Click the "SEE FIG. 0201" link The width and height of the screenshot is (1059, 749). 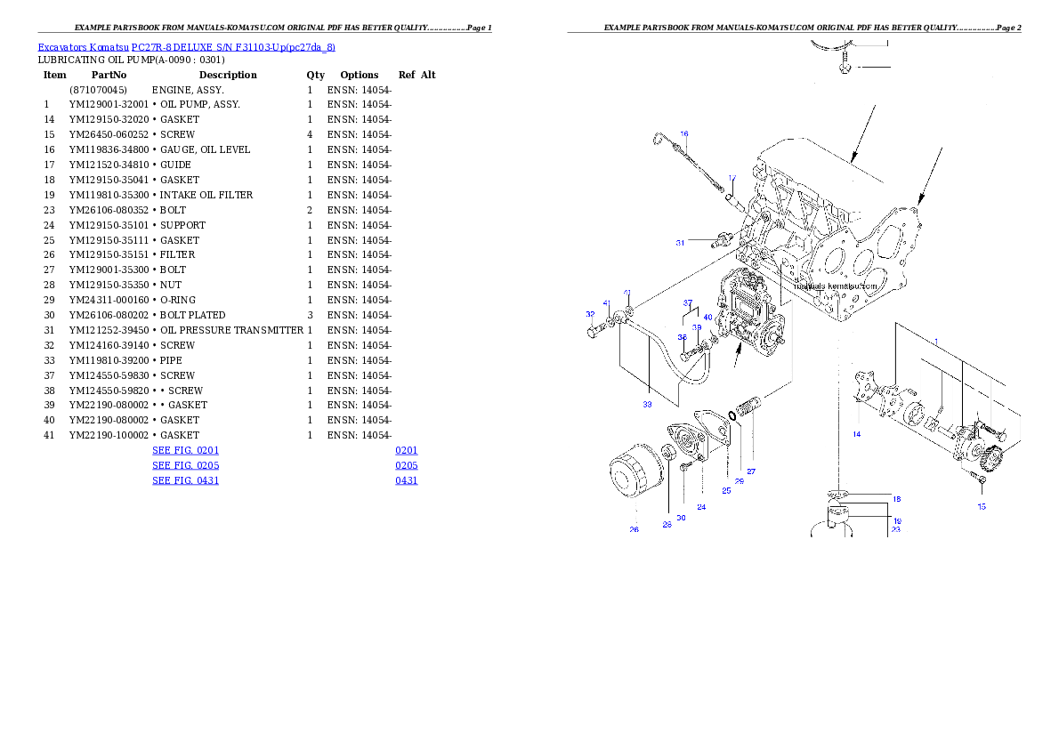[185, 451]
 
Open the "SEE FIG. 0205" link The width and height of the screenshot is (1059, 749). [185, 466]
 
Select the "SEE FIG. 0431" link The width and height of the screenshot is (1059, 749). [185, 480]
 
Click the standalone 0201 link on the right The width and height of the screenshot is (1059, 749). [407, 451]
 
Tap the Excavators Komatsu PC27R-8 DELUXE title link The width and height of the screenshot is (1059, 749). [186, 47]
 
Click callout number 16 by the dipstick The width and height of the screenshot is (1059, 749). [684, 135]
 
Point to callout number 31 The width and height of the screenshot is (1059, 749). [680, 242]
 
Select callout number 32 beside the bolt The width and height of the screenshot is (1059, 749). [590, 314]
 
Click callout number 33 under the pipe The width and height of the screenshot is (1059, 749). [648, 404]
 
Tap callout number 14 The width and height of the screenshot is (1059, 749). [856, 434]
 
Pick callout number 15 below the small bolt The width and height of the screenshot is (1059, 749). [982, 506]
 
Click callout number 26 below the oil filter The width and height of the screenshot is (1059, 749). [635, 530]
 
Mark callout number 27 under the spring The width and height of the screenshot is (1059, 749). [751, 471]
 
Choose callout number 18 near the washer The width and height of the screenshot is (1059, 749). [896, 499]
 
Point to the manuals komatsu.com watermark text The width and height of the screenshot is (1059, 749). [836, 286]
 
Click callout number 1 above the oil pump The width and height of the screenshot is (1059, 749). [935, 342]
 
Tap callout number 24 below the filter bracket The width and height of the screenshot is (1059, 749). [701, 507]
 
